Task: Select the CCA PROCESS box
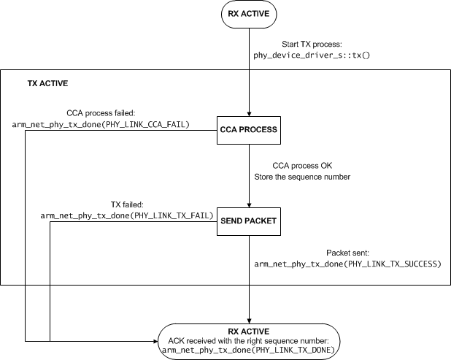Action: [248, 129]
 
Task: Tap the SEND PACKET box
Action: [248, 219]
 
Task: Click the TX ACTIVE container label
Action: [43, 83]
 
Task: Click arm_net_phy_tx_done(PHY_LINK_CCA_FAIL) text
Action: [101, 125]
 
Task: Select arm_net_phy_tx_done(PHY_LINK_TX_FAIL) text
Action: [126, 216]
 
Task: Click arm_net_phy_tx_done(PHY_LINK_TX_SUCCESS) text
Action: [348, 261]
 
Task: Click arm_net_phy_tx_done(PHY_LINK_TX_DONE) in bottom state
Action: [250, 350]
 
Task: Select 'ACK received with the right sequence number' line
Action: [250, 340]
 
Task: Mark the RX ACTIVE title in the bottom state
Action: [249, 329]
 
